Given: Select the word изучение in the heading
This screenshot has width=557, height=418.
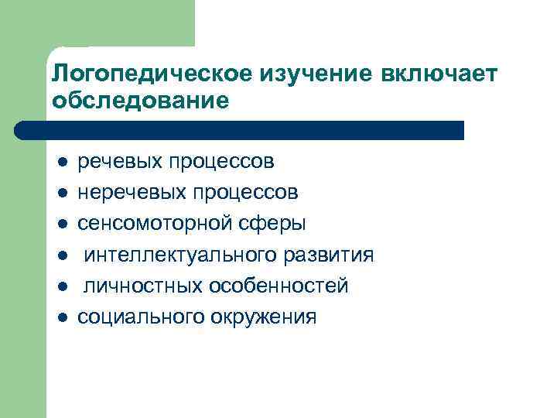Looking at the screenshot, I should [x=304, y=74].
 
